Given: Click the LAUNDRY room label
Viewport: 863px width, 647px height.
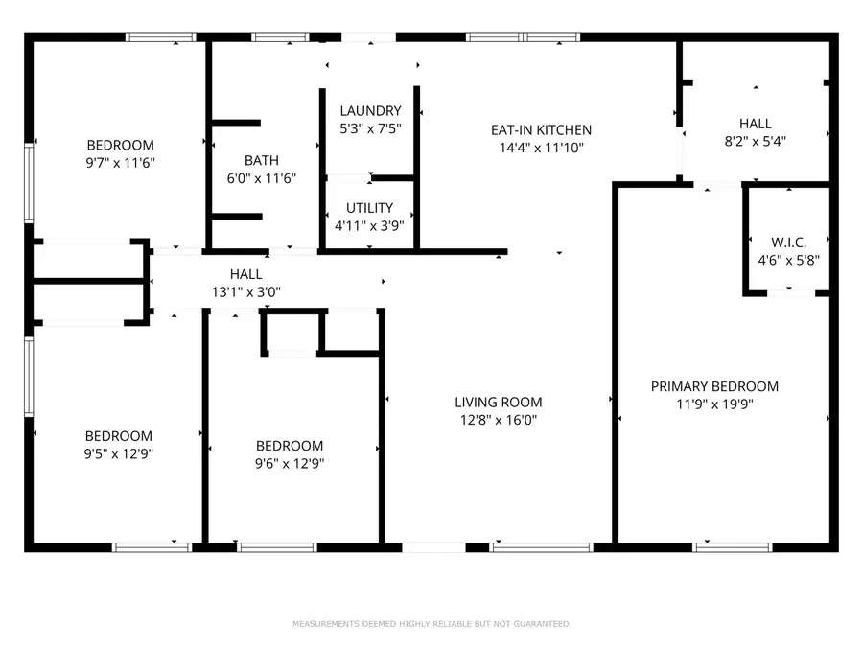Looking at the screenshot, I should click(x=370, y=111).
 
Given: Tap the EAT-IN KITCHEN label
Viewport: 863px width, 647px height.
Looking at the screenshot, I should click(x=541, y=130).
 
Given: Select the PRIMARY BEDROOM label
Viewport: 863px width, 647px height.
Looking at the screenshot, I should click(x=714, y=386).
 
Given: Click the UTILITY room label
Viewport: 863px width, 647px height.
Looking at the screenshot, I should click(x=369, y=208).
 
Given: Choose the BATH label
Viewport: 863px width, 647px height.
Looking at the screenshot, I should click(x=261, y=161).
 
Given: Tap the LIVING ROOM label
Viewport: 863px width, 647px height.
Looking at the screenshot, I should click(x=498, y=403).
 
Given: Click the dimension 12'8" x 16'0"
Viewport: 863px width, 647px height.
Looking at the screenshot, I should click(x=498, y=420).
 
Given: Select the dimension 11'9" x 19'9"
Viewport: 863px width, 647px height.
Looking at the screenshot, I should click(x=714, y=404).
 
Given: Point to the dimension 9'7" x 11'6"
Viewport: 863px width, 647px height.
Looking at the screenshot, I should click(x=120, y=163).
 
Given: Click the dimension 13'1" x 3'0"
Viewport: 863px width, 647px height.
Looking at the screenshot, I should click(x=246, y=291).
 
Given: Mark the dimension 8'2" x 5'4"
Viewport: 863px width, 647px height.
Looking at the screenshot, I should click(x=755, y=141).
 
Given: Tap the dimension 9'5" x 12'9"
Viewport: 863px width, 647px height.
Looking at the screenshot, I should click(x=119, y=453).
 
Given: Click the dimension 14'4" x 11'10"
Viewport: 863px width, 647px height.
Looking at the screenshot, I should click(x=541, y=148).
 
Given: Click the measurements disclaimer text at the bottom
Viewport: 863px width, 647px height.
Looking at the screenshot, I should click(x=431, y=624).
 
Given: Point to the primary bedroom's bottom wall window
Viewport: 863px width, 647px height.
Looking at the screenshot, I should click(x=719, y=547).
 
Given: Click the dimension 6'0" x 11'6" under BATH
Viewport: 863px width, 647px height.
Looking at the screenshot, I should click(x=261, y=178).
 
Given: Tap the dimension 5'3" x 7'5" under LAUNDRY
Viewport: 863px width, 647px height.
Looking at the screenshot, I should click(x=370, y=128).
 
